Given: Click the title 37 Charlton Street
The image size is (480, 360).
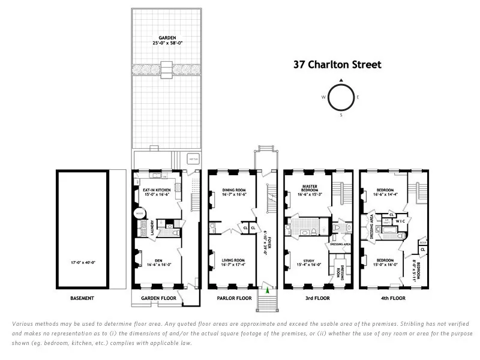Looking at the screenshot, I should [337, 64].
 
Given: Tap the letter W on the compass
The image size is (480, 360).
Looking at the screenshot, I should [323, 97].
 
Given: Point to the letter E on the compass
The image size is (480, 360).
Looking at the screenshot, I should [358, 97].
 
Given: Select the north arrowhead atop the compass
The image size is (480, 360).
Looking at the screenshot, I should [340, 80].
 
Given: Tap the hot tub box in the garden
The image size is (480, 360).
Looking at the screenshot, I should [193, 159].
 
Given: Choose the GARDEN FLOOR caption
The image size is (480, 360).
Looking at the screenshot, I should [158, 298].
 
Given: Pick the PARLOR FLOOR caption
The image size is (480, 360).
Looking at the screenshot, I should [233, 298].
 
